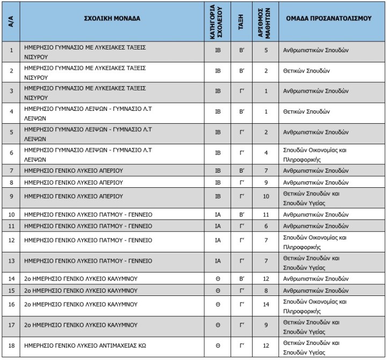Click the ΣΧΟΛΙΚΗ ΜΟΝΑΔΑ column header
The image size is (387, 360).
pos(112,18)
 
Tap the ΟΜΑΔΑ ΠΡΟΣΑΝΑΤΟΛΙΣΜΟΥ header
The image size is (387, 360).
pos(329,18)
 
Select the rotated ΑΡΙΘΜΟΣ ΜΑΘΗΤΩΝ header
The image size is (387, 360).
pos(265,22)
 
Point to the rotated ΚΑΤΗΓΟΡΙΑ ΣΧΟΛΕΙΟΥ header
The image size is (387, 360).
pos(217,22)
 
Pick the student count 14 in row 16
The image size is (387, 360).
pos(266,304)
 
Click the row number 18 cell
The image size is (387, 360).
pos(11,346)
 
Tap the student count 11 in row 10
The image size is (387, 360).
pos(266,215)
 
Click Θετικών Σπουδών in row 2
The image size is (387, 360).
pos(306,71)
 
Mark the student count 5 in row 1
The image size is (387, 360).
pos(266,50)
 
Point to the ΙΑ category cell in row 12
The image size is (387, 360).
pos(217,239)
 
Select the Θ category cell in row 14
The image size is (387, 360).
pos(217,279)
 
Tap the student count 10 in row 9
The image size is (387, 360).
pos(266,196)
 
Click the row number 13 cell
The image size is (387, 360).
pos(11,261)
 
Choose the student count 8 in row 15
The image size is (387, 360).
pos(266,291)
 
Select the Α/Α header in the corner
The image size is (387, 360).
pos(11,22)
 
